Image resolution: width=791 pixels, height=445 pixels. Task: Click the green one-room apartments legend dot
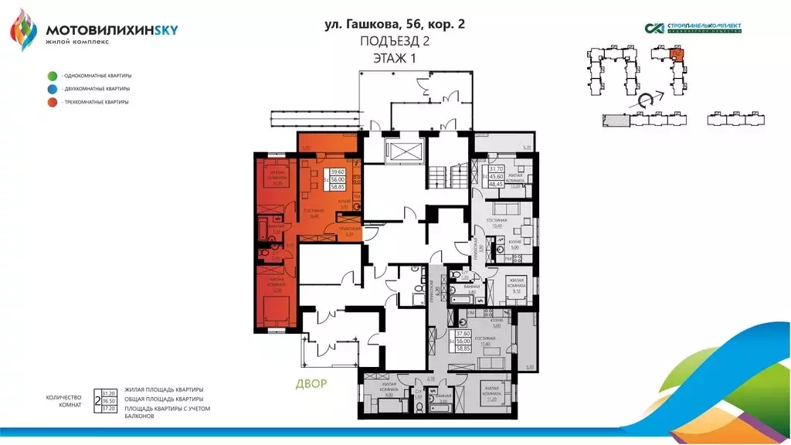click(x=52, y=76)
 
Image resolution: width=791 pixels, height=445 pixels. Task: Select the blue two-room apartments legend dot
click(x=52, y=89)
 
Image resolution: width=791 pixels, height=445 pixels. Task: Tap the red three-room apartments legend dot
click(x=52, y=102)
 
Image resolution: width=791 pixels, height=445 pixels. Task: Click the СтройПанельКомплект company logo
click(x=693, y=29)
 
